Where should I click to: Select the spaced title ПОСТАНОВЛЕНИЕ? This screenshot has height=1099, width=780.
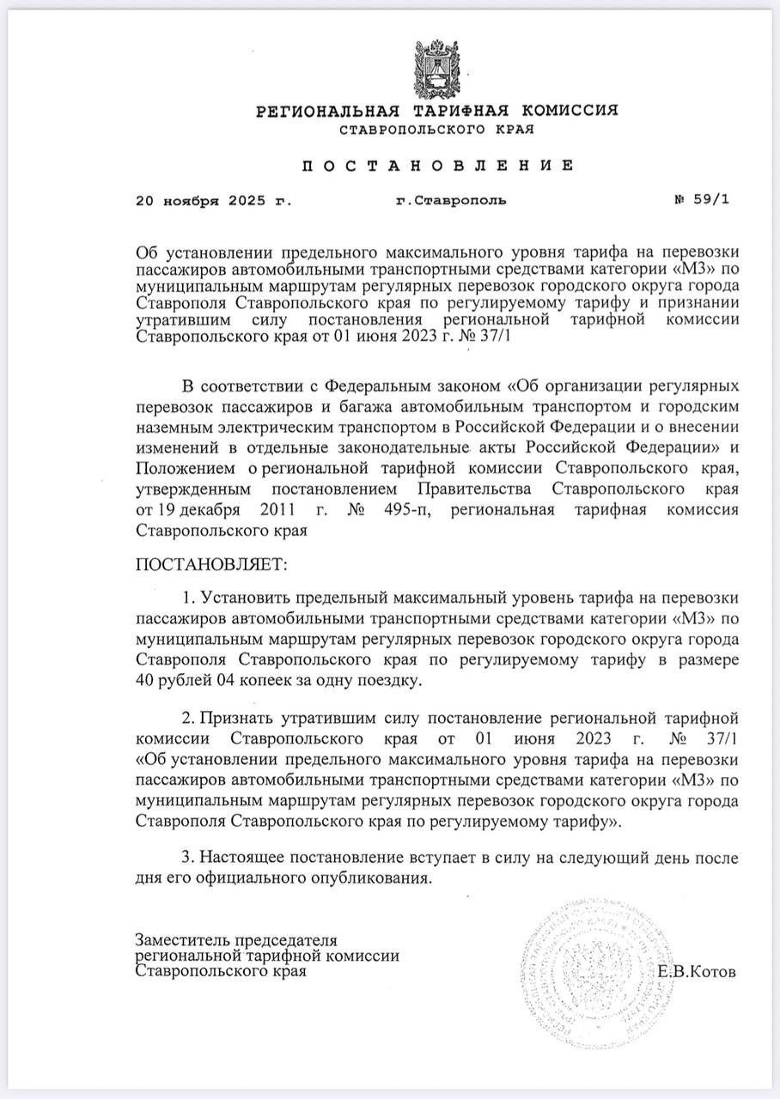coord(436,165)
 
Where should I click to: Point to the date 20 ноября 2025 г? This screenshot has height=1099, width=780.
coord(214,201)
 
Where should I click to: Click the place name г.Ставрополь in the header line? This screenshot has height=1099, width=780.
coord(451,201)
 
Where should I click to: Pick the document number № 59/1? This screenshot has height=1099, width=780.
coord(702,201)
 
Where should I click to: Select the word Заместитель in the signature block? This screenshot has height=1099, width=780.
coord(180,940)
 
